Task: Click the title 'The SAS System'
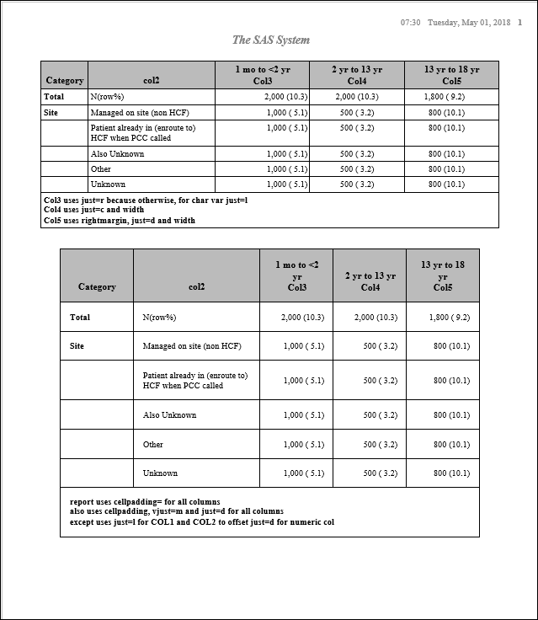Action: click(x=271, y=40)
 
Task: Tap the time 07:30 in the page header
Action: click(x=410, y=22)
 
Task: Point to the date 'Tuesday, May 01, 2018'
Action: click(x=469, y=22)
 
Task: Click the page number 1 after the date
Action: click(x=520, y=22)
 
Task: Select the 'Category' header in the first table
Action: click(x=65, y=81)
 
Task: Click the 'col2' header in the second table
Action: click(x=196, y=286)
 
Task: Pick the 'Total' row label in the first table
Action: click(x=54, y=97)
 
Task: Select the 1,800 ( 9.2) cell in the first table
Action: click(x=446, y=97)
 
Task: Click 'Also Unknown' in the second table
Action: click(x=169, y=415)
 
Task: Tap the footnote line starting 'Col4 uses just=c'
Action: click(x=120, y=211)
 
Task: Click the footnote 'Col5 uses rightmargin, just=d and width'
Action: click(x=120, y=221)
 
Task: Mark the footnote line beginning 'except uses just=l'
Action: click(x=202, y=522)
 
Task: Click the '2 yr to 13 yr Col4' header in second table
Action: click(x=370, y=281)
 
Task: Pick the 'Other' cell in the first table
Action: click(x=101, y=169)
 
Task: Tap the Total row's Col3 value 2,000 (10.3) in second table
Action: click(x=302, y=318)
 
